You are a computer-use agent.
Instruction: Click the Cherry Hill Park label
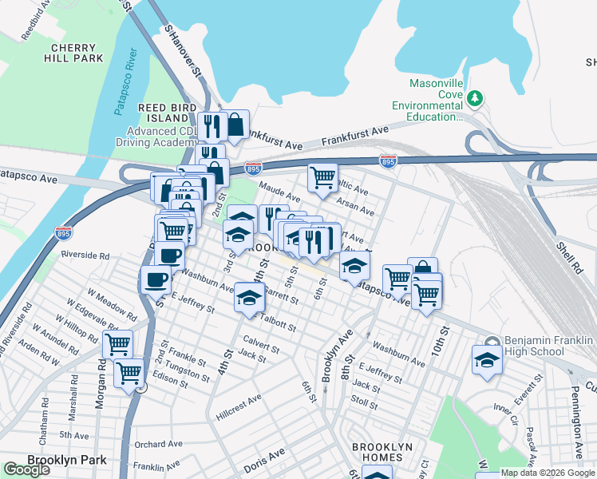tap(74, 53)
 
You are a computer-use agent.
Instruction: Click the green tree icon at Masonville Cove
tap(476, 98)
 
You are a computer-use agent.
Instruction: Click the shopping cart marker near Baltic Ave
tap(322, 177)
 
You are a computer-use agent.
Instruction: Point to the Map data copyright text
tap(547, 473)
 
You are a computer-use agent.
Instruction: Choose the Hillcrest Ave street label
tap(239, 406)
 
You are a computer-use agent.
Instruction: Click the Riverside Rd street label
tap(84, 255)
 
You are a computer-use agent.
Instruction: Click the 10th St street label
tap(441, 340)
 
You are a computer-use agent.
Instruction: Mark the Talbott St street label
tap(277, 323)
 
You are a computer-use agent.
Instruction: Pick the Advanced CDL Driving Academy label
tap(153, 137)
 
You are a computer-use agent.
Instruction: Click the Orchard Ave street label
tap(159, 444)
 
